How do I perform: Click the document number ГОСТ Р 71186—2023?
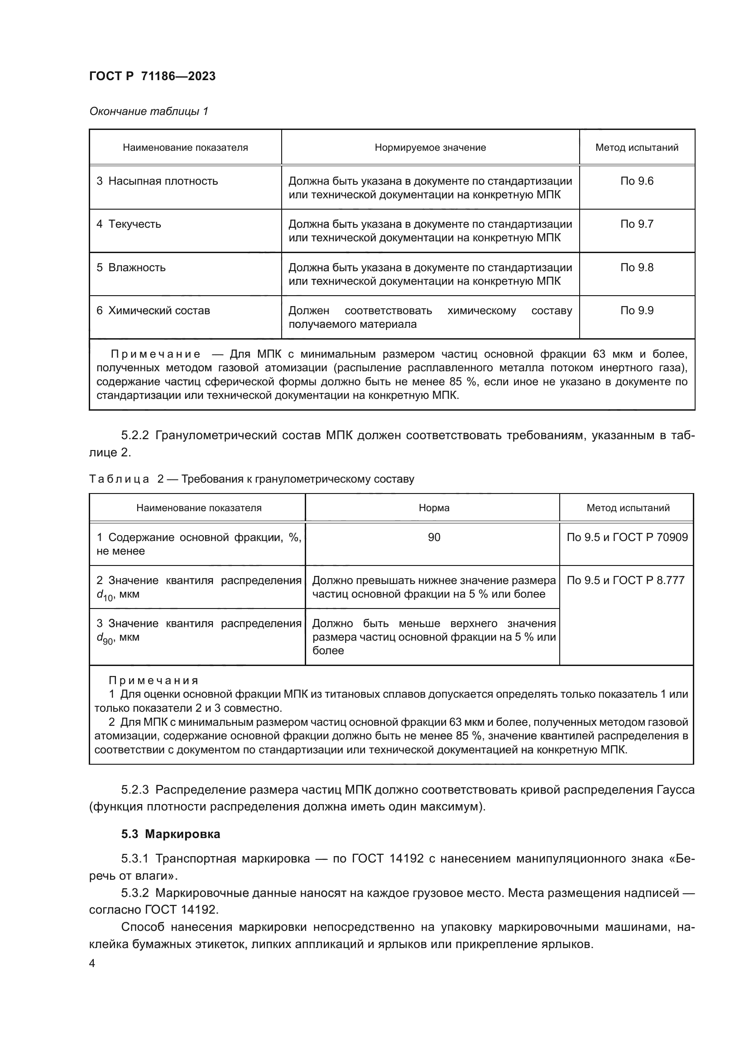(152, 76)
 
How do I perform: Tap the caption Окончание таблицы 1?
(149, 111)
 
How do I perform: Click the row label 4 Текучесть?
(129, 224)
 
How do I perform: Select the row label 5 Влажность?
(130, 268)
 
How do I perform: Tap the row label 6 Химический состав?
(153, 311)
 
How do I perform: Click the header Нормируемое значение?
(430, 148)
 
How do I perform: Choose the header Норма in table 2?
(433, 508)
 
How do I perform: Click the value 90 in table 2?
(433, 537)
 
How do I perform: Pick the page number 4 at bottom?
(92, 963)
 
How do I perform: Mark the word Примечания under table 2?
(153, 680)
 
